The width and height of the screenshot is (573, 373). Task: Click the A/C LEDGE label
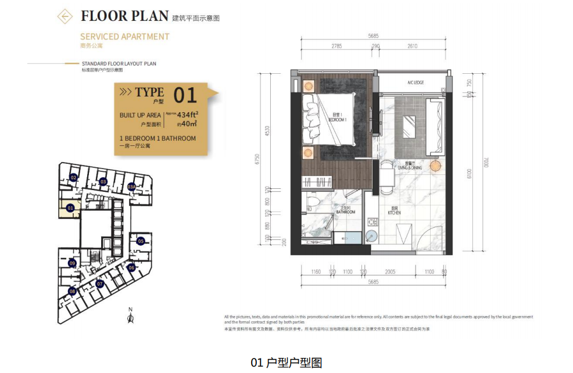click(415, 83)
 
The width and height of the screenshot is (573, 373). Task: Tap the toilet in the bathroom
click(312, 202)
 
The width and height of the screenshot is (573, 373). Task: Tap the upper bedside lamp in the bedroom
click(307, 85)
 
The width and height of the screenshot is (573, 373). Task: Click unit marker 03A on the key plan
click(132, 187)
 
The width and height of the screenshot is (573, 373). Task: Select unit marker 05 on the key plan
click(141, 241)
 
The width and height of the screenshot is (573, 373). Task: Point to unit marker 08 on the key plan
click(72, 290)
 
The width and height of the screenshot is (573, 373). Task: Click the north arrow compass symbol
click(131, 316)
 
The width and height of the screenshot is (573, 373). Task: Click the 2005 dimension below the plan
click(389, 272)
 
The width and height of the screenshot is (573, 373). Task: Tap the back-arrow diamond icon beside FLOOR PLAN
click(65, 16)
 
